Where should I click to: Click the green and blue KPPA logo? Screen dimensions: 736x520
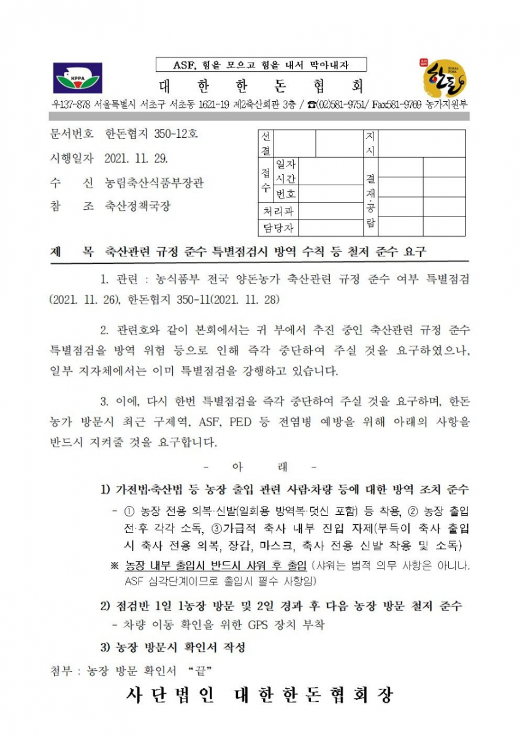pyautogui.click(x=78, y=79)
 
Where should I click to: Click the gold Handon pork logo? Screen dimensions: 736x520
pyautogui.click(x=445, y=78)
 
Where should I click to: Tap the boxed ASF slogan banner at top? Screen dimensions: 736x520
pyautogui.click(x=261, y=64)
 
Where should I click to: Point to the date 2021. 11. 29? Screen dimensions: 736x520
pyautogui.click(x=136, y=158)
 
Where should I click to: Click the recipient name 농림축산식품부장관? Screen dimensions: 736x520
pyautogui.click(x=155, y=183)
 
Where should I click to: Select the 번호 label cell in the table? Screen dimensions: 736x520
pyautogui.click(x=286, y=194)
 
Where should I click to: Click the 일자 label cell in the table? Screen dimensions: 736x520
pyautogui.click(x=286, y=164)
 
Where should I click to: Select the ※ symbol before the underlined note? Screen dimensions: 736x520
pyautogui.click(x=113, y=565)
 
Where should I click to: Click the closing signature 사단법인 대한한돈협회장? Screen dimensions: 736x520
pyautogui.click(x=259, y=696)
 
